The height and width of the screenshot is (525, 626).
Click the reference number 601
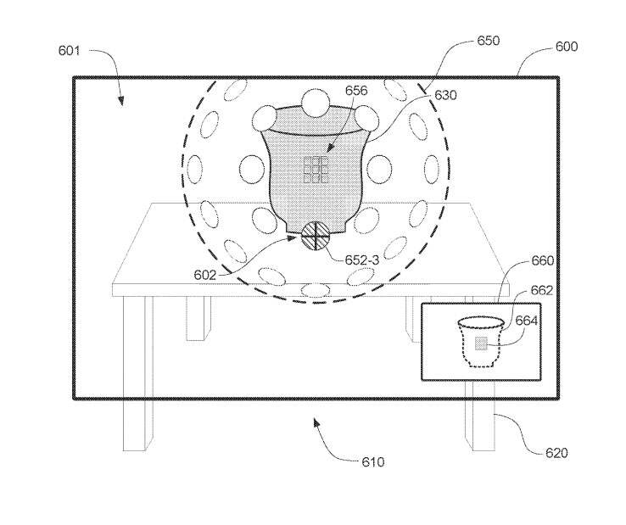coord(69,51)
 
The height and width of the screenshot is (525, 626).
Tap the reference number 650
coord(489,41)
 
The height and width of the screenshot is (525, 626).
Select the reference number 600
coord(567,47)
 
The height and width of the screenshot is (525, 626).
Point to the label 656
coord(356,91)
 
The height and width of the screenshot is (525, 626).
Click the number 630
coord(445,95)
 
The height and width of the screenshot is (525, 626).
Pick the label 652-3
coord(361,260)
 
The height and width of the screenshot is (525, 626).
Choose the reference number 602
coord(204,275)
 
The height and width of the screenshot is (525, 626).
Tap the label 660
coord(543,260)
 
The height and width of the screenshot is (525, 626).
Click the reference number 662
coord(542,290)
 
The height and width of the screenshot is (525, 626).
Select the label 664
coord(527,321)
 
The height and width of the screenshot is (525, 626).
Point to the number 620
coord(556,453)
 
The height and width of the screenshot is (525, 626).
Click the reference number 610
coord(373,462)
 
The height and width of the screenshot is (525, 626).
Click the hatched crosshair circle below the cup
coord(316,236)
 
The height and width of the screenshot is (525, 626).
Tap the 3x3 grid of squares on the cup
coord(316,170)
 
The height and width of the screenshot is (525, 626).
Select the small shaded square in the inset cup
coord(481,343)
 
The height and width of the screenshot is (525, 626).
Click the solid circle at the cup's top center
coord(316,103)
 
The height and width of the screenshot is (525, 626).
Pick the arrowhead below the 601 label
coord(120,101)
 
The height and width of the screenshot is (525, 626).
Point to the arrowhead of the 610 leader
coord(316,422)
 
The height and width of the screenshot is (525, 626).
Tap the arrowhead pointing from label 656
coord(330,148)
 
